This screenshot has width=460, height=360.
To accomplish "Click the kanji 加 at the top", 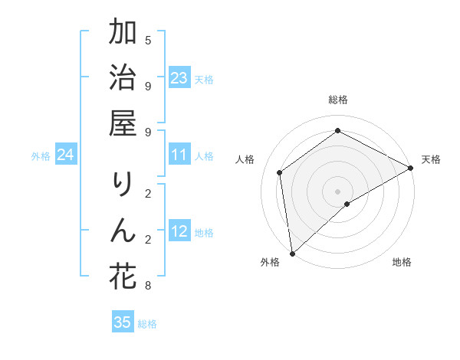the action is point(123,34).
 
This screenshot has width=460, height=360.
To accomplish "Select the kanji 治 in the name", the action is point(123,80).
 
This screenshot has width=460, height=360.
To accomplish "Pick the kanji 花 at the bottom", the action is point(123,277).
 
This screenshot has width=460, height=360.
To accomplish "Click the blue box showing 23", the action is point(179,78).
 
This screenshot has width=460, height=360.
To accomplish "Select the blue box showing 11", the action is point(179,155).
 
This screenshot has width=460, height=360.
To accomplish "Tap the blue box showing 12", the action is point(179,232).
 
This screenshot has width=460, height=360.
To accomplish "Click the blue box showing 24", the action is point(65,155).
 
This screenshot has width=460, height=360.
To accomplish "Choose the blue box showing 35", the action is point(123,322).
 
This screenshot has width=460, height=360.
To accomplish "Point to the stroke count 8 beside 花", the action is point(148,286).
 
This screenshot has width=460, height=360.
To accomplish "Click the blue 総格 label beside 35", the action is point(148,324).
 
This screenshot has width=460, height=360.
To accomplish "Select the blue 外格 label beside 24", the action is point(41,156).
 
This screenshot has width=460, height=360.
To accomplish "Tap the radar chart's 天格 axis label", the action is point(431,159).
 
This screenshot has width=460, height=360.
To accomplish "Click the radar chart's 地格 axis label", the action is point(402,262).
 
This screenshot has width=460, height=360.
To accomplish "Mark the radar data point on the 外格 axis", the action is point(292,253).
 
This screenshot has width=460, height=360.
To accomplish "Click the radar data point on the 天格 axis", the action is point(411,169).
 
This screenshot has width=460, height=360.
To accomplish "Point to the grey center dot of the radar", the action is point(338,191).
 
